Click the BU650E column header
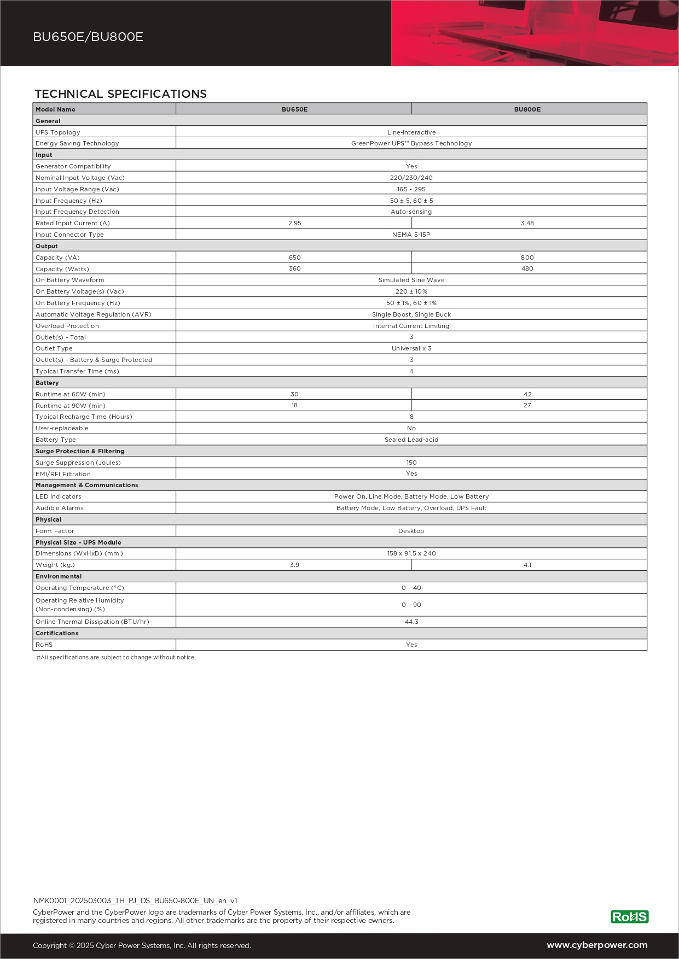point(294,109)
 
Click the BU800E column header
point(527,109)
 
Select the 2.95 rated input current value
point(294,223)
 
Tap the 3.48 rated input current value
point(527,223)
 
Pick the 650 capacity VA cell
point(294,258)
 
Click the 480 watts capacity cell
point(527,268)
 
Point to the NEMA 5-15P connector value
point(411,235)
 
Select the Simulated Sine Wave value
point(411,280)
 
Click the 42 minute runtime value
point(527,394)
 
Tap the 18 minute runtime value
point(294,405)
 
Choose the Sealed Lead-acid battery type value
point(411,440)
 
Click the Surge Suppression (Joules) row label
point(78,463)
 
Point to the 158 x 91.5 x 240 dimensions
point(411,553)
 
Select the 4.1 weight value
point(527,565)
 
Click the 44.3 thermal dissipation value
point(411,622)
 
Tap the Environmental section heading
point(59,576)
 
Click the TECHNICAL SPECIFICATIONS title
point(121,94)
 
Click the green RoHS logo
point(629,917)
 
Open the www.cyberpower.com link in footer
point(597,945)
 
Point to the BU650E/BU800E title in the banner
point(88,37)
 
